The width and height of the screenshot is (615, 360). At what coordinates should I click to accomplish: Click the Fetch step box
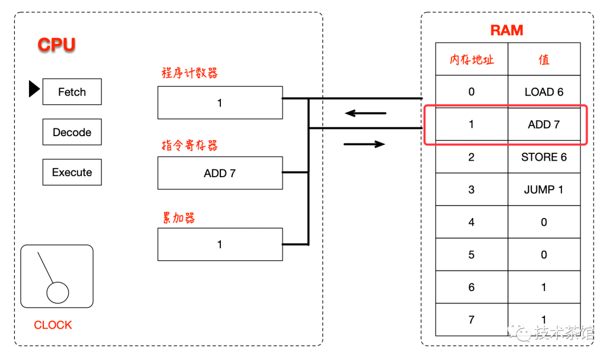click(x=72, y=92)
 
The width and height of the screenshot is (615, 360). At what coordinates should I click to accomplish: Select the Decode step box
click(x=72, y=132)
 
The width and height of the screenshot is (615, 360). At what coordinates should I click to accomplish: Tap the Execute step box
click(x=72, y=172)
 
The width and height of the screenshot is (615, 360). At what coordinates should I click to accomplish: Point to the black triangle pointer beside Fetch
click(x=34, y=89)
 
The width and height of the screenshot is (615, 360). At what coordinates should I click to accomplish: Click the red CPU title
click(x=56, y=44)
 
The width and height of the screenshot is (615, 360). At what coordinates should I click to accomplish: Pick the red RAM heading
click(x=507, y=30)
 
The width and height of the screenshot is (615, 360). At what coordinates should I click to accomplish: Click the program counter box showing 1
click(x=220, y=103)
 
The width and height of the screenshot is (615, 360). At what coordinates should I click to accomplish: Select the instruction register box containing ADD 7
click(x=220, y=173)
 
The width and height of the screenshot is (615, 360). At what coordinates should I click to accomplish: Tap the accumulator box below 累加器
click(x=220, y=244)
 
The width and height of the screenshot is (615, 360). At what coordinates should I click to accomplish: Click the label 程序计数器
click(x=190, y=73)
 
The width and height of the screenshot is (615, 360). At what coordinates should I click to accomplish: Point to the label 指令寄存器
click(x=190, y=145)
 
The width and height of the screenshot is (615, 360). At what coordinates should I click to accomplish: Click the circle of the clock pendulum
click(x=58, y=293)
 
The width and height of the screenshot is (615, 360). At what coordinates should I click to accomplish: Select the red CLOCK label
click(x=53, y=325)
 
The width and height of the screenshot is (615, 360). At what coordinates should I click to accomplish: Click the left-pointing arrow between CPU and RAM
click(x=366, y=113)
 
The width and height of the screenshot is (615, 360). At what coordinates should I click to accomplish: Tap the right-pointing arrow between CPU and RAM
click(x=364, y=144)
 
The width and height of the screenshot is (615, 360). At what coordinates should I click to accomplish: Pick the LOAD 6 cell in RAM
click(x=544, y=92)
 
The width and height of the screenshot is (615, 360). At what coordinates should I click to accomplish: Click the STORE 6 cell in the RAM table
click(x=544, y=157)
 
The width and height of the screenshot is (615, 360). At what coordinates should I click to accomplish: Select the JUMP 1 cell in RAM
click(x=544, y=190)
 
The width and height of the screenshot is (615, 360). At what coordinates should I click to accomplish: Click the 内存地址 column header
click(x=472, y=59)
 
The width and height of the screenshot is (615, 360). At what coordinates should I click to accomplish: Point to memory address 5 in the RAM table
click(x=472, y=255)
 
